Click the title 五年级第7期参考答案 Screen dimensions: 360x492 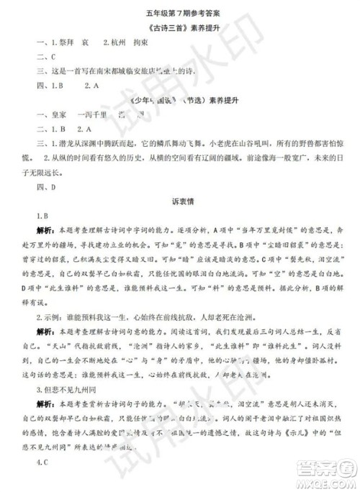point(179,12)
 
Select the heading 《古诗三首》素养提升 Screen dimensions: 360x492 point(179,29)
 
